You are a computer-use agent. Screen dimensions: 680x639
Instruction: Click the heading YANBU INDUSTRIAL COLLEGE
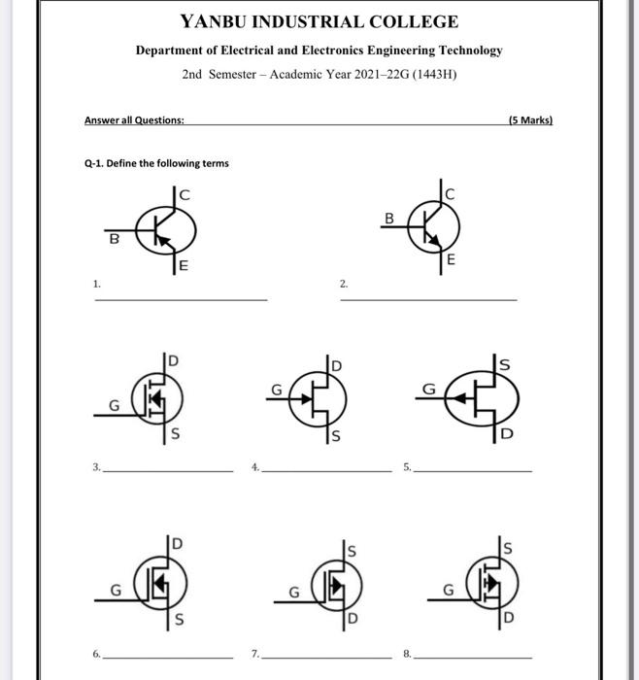(319, 21)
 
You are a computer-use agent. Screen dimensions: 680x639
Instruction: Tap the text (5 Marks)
(529, 120)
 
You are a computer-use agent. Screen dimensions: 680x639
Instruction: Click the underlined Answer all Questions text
(134, 120)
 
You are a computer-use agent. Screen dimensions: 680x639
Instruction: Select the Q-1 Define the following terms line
(156, 163)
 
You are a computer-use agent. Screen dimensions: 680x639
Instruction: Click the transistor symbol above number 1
(164, 229)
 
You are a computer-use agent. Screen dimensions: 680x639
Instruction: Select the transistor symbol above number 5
(483, 396)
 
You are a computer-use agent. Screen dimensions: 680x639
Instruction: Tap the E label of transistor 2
(451, 259)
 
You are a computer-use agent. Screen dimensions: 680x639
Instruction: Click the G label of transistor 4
(276, 389)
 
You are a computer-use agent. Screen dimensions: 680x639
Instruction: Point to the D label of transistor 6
(177, 541)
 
